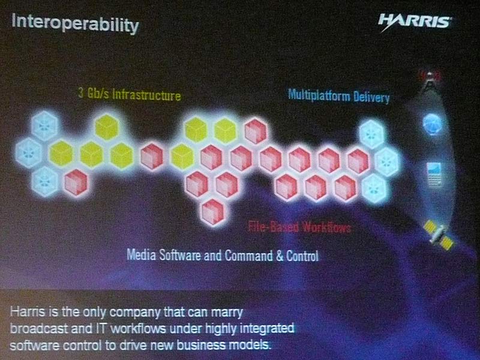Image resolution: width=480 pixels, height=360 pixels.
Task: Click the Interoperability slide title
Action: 75,23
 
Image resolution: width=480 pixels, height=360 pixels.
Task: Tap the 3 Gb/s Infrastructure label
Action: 130,94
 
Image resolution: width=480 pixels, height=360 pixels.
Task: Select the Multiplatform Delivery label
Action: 338,96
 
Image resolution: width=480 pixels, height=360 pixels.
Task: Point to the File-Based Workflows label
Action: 299,227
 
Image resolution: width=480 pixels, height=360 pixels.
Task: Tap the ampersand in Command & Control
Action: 280,256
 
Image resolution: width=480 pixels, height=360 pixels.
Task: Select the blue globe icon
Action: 432,124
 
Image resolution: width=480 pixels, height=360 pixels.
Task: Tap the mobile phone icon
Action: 434,174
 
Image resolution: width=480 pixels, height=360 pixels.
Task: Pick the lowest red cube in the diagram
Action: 213,212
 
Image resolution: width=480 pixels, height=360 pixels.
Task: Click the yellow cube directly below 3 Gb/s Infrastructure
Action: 107,127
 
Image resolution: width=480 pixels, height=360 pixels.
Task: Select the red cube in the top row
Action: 256,131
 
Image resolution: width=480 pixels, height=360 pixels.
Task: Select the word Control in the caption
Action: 302,256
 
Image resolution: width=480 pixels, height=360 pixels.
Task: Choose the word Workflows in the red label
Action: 326,227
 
